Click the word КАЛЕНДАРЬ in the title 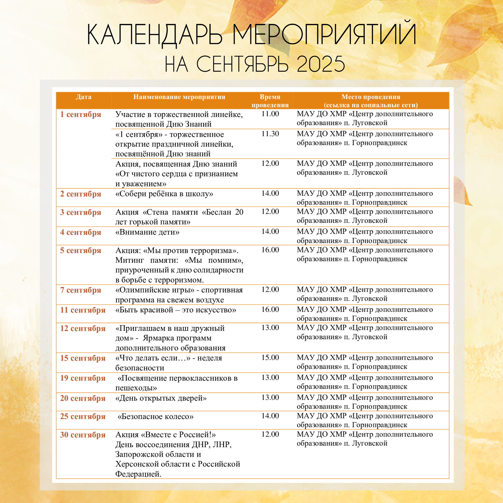[155, 35]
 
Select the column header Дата [83, 97]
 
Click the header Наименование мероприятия [179, 97]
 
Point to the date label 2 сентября [80, 194]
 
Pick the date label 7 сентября [80, 290]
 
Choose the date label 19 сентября [83, 378]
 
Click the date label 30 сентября [83, 435]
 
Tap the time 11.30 [270, 134]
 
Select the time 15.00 [270, 357]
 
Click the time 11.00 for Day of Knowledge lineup [270, 114]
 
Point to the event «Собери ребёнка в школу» [164, 194]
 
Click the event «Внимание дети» [147, 232]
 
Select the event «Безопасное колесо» [155, 416]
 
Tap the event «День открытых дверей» [161, 398]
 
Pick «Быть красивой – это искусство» [176, 310]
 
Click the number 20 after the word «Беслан [239, 212]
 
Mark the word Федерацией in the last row [138, 474]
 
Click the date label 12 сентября [83, 328]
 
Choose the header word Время [270, 97]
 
